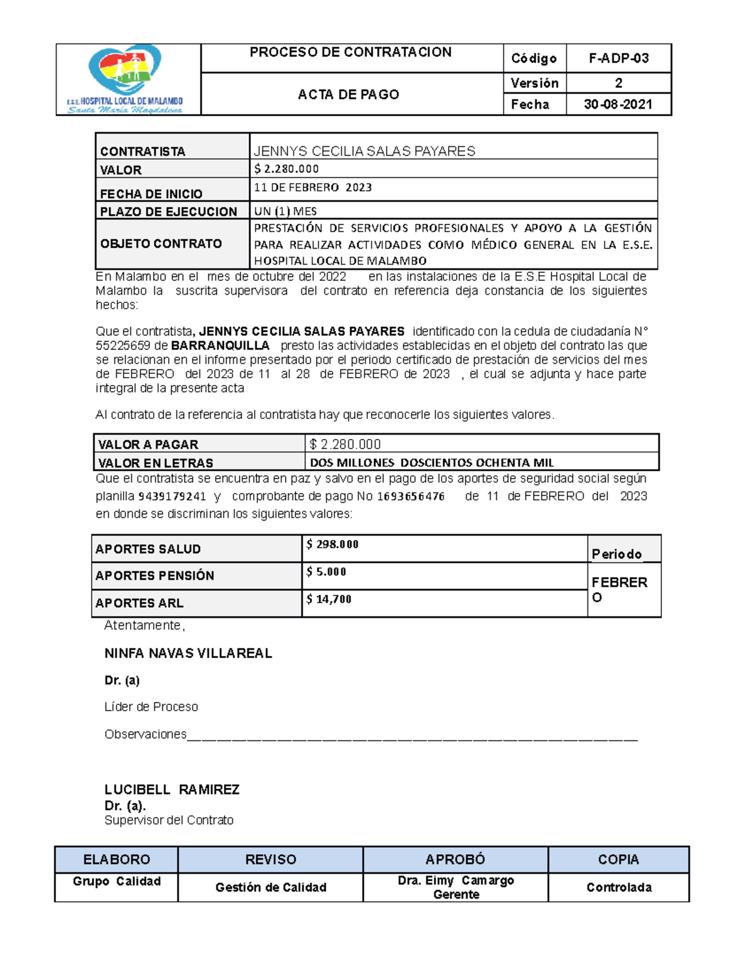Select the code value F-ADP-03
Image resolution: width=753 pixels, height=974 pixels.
[618, 58]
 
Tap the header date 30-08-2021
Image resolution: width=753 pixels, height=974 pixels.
[618, 104]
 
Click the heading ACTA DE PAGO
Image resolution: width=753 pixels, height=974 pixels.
[348, 94]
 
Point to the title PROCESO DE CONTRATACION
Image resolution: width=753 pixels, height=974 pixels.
[350, 53]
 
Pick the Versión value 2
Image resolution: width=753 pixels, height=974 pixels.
[618, 83]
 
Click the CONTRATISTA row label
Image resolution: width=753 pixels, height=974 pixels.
[142, 151]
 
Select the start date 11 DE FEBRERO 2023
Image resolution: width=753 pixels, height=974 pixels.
[312, 188]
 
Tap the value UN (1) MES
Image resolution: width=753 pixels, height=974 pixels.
[285, 211]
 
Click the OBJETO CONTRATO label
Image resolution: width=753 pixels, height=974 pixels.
[161, 243]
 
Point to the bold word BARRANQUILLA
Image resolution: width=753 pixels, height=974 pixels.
[220, 346]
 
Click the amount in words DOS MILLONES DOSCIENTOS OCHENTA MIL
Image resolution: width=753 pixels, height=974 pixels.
[432, 463]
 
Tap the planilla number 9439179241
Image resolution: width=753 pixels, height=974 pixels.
[172, 496]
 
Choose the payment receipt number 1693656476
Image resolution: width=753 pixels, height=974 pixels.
[411, 496]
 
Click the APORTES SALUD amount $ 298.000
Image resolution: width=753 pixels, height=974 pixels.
[332, 544]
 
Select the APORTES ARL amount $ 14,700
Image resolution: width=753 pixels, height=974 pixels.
[329, 599]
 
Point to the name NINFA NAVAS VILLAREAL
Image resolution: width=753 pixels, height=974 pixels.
[188, 654]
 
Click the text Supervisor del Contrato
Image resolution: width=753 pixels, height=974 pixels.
[169, 820]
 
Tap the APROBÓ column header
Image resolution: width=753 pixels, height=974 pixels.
[455, 859]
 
